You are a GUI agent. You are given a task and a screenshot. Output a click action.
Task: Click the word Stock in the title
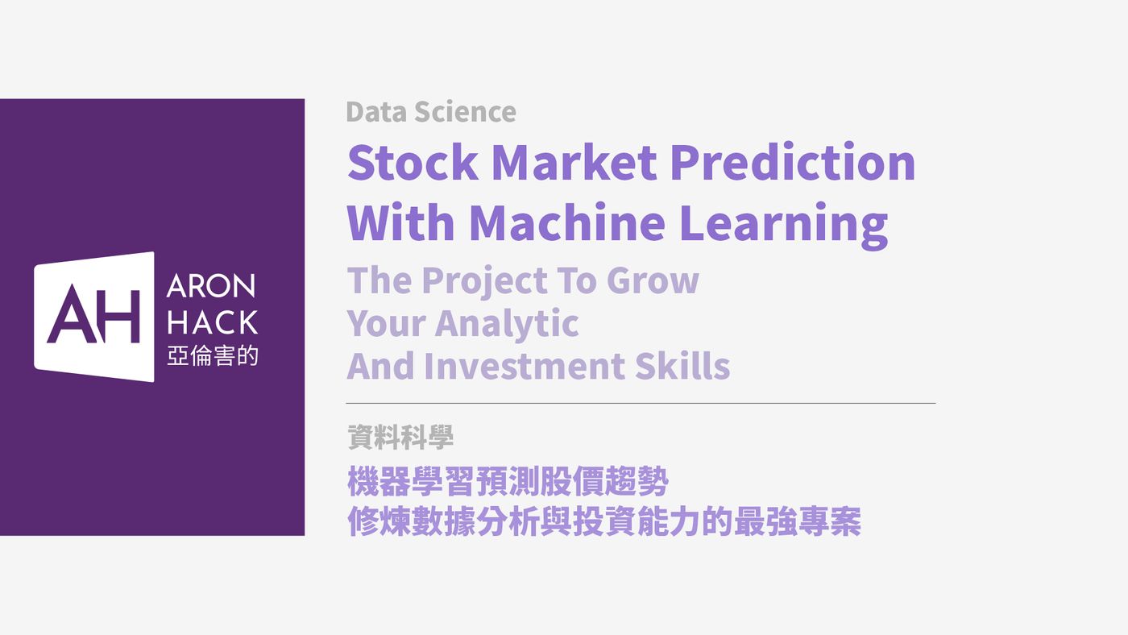[x=413, y=162]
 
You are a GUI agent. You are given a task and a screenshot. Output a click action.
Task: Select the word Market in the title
[x=574, y=162]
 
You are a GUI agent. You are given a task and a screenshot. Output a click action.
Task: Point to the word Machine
[x=567, y=222]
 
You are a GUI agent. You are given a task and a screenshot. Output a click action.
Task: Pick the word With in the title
[x=401, y=222]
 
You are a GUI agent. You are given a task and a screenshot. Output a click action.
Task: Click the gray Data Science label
[x=431, y=111]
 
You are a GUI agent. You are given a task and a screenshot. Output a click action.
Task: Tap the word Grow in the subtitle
[x=653, y=280]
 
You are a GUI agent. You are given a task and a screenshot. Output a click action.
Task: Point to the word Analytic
[x=507, y=324]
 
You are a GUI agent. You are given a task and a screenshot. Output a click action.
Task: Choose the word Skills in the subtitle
[x=682, y=366]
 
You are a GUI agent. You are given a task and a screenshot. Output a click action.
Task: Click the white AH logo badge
[x=94, y=317]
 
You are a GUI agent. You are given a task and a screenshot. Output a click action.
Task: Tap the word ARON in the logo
[x=211, y=286]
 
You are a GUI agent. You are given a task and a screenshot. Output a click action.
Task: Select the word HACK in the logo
[x=213, y=322]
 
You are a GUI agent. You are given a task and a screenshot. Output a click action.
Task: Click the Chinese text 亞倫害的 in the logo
[x=213, y=355]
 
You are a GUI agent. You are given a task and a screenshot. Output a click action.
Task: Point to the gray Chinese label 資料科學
[x=400, y=437]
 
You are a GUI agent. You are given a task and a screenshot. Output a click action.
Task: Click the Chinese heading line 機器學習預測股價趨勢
[x=508, y=481]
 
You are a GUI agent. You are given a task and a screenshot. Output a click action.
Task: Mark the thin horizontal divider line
[x=641, y=404]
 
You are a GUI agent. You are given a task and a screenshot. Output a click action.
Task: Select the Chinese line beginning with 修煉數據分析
[x=604, y=521]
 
